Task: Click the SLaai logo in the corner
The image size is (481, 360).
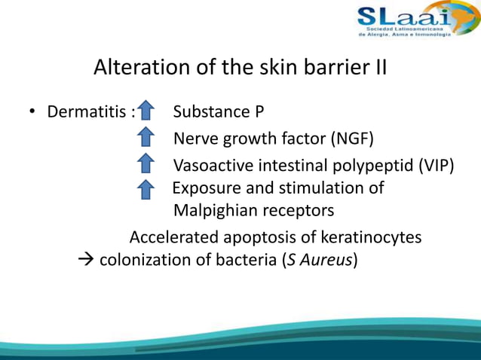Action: click(x=405, y=20)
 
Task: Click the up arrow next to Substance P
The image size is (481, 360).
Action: click(x=146, y=112)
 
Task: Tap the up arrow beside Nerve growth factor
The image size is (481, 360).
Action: click(x=146, y=139)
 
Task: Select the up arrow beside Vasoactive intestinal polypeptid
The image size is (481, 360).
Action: click(x=146, y=164)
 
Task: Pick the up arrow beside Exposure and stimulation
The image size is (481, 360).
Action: click(x=146, y=188)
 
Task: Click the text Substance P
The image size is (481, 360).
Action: click(x=218, y=112)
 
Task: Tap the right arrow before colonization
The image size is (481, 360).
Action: click(x=85, y=261)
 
